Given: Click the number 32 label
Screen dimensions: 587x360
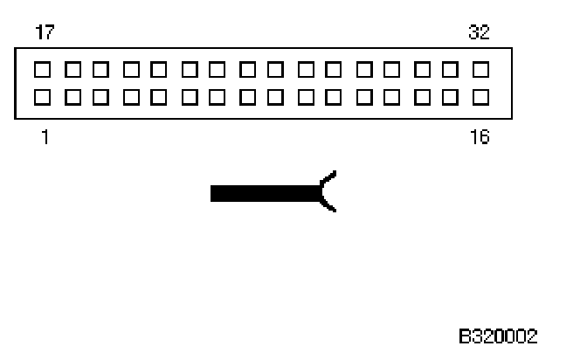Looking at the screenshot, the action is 480,33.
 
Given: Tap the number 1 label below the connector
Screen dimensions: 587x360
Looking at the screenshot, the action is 44,137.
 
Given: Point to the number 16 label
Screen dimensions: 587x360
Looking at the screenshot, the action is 480,137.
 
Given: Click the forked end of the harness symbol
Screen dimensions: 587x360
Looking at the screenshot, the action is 328,192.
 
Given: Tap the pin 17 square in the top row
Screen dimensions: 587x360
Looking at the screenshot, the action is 44,67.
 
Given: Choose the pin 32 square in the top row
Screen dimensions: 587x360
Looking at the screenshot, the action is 480,67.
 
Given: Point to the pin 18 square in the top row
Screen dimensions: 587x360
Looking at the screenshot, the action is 73,67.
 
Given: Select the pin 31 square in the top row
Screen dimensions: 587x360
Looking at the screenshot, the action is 451,67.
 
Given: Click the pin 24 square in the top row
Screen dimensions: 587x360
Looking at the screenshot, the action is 247,67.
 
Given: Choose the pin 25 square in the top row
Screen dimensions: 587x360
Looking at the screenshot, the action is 276,67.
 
